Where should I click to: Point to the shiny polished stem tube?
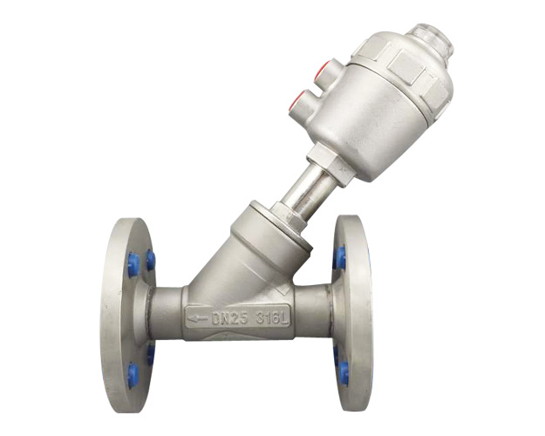coord(305,188)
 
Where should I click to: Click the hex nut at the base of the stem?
coord(290,216)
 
